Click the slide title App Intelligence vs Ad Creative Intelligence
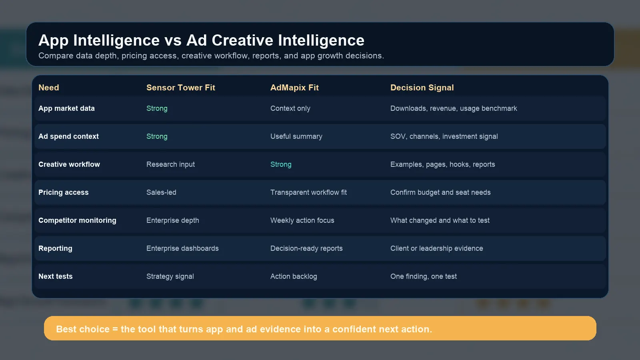tap(202, 40)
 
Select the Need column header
tap(49, 88)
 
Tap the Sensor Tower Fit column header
tap(180, 88)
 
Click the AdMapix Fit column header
tap(294, 88)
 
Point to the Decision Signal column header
tap(422, 88)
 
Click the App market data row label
tap(66, 108)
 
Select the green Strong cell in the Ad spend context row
tap(157, 136)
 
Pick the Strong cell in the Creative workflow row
tap(281, 164)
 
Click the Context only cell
tap(290, 108)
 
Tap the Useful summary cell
tap(296, 136)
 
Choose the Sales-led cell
tap(161, 192)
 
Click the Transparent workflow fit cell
tap(308, 192)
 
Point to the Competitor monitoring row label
tap(78, 220)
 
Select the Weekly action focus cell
tap(302, 220)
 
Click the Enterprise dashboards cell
tap(182, 248)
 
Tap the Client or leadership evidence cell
tap(436, 248)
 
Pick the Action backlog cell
tap(294, 276)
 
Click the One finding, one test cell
tap(424, 276)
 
